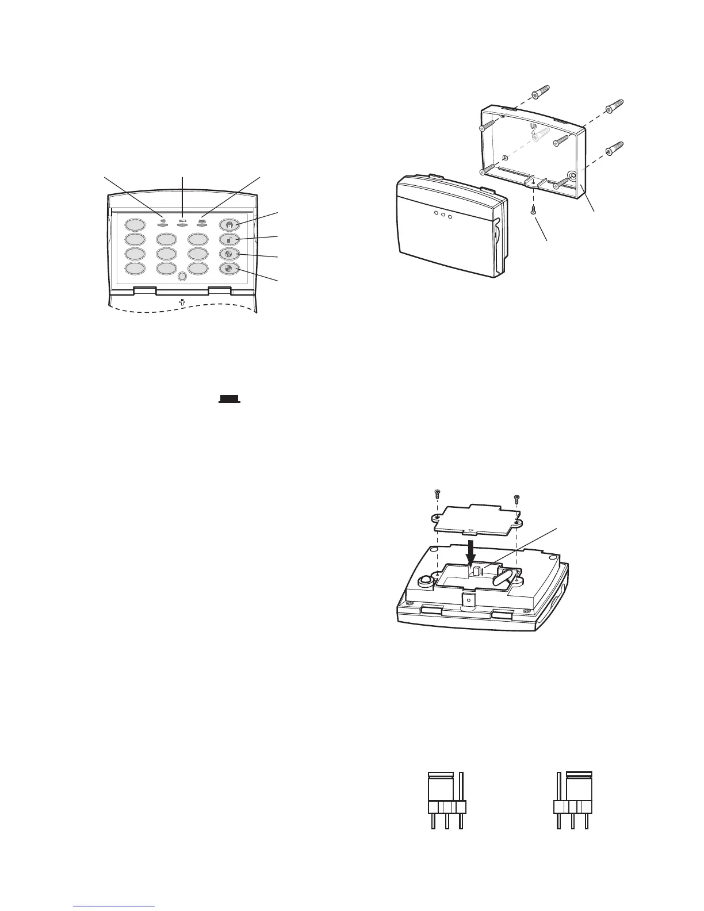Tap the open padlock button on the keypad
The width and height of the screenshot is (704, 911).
[229, 239]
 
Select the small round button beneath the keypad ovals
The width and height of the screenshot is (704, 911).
[182, 277]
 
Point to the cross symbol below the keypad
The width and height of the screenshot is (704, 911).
[182, 302]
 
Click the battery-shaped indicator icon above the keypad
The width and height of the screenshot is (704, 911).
[183, 220]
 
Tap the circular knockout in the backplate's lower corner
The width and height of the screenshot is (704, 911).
[573, 176]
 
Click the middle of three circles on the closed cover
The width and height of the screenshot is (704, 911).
[443, 215]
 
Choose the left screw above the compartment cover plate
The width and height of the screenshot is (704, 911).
[437, 493]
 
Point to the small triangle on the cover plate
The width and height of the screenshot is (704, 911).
[471, 531]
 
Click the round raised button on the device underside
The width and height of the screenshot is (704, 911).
[425, 581]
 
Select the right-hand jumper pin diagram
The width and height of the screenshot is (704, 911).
[573, 800]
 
